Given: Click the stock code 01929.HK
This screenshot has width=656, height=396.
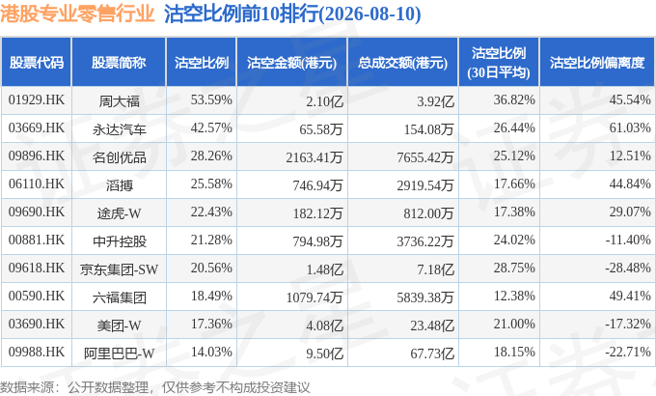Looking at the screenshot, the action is [37, 100].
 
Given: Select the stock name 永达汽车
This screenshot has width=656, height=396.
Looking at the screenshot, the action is [120, 129].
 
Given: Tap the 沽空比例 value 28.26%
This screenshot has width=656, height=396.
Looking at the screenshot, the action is [211, 156].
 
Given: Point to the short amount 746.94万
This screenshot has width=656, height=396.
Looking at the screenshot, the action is [317, 184].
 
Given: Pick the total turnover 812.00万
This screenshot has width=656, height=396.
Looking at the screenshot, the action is [428, 212].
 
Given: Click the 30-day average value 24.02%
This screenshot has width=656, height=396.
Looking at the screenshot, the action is [514, 240].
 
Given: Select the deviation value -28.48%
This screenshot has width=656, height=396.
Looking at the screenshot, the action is [628, 268].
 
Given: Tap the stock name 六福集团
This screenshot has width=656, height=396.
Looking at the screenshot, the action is [120, 297].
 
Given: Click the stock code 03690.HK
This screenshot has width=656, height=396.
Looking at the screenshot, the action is [37, 324].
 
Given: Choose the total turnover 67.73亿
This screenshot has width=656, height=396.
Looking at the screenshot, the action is [432, 354].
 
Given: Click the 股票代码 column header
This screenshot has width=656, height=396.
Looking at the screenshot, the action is [37, 63].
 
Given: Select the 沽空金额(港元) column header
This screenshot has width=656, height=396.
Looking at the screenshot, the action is [291, 63].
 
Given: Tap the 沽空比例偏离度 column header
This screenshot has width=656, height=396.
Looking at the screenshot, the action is [597, 63].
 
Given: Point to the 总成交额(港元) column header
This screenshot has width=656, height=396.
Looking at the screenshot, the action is [402, 63].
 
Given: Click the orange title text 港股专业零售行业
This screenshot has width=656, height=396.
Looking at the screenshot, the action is [78, 14].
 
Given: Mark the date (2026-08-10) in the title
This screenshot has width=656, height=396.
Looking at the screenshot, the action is [369, 14].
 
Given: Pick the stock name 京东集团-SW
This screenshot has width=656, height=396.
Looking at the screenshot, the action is [120, 269].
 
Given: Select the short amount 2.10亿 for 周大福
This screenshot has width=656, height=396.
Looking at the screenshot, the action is [324, 101].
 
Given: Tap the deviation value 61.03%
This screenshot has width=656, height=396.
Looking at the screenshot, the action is [630, 127].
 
